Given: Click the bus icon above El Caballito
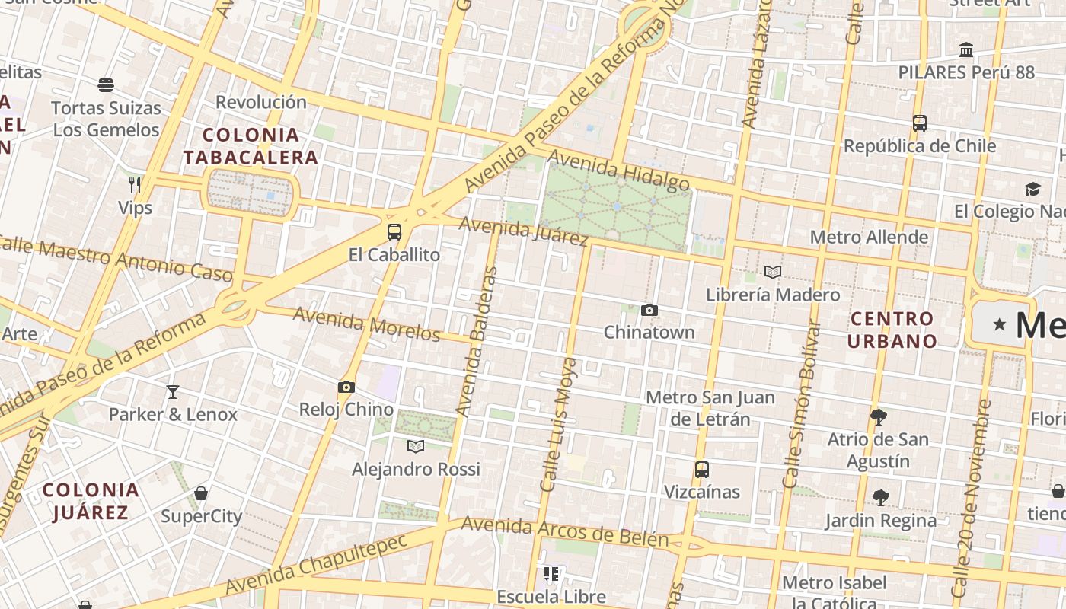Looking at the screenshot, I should (x=394, y=232).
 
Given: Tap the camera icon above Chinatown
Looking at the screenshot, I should (x=649, y=310).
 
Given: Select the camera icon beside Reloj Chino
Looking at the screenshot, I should (x=346, y=387).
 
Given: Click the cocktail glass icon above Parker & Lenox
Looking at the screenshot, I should (x=173, y=392).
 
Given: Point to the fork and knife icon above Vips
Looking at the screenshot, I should (x=135, y=184).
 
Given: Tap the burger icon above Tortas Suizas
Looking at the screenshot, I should (x=106, y=84).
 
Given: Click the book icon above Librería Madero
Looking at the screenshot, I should (x=773, y=272).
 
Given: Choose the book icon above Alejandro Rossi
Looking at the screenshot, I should (x=416, y=446).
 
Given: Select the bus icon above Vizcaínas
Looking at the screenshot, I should (x=701, y=470).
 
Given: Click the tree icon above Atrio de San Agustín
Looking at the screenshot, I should (x=879, y=417).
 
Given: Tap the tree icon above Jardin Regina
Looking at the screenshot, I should (x=880, y=498).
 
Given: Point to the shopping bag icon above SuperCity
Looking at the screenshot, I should (x=201, y=493).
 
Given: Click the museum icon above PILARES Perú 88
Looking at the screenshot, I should (x=966, y=50).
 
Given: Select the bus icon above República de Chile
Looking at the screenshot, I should (x=919, y=123).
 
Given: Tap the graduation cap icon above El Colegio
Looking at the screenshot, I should (x=1032, y=189).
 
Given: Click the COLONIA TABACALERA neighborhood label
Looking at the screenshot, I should (x=251, y=146).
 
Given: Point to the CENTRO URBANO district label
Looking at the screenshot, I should (x=892, y=330).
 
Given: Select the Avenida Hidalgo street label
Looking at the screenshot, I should (x=618, y=171).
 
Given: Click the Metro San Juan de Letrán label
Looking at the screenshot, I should (x=710, y=408).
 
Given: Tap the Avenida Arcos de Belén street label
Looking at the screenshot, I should (x=564, y=533).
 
